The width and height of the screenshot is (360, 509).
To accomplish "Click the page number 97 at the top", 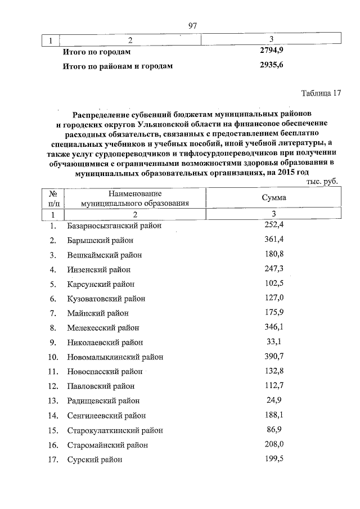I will (193, 25).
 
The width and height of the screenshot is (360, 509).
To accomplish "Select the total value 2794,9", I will (272, 51).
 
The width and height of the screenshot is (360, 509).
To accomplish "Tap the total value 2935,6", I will (272, 65).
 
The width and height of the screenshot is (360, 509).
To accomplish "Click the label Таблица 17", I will (322, 93).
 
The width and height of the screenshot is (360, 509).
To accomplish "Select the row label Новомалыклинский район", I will (115, 357).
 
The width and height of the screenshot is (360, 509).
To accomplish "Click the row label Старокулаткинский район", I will (115, 430).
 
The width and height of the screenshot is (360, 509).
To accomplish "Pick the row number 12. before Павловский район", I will (53, 386).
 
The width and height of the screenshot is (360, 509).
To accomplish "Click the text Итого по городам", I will (96, 52).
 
